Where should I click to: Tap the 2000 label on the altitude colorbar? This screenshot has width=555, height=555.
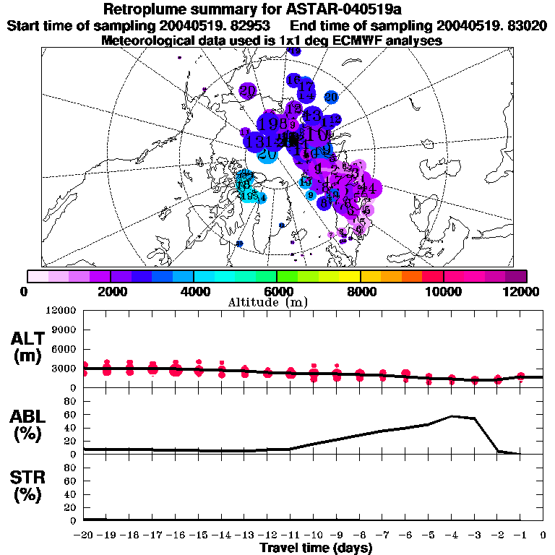coord(111,291)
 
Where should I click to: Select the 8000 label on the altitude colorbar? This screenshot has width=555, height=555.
coord(360,291)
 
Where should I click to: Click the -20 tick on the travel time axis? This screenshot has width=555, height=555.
coord(84,535)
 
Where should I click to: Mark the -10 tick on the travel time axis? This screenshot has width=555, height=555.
coord(314,535)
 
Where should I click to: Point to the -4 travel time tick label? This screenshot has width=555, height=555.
coord(452,535)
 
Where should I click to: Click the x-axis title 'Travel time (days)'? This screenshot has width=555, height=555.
coord(316,548)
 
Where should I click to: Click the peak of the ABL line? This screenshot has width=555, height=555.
coord(452,416)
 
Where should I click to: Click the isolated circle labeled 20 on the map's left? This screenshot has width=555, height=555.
coord(248,91)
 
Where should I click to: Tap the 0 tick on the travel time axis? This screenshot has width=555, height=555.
coord(543,535)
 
